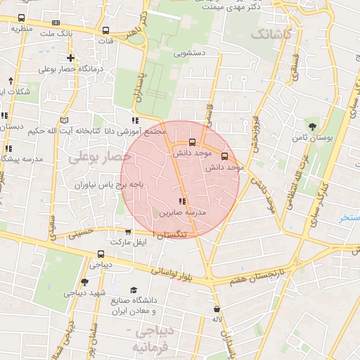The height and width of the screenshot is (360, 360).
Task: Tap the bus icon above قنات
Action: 105,31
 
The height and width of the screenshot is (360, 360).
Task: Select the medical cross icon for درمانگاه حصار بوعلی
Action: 70,58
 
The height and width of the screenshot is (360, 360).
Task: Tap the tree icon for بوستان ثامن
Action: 311,127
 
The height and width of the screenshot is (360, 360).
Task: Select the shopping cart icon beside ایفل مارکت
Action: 127,231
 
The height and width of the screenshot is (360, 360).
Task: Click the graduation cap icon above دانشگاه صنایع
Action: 134,290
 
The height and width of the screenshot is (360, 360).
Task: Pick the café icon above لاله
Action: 217,308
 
